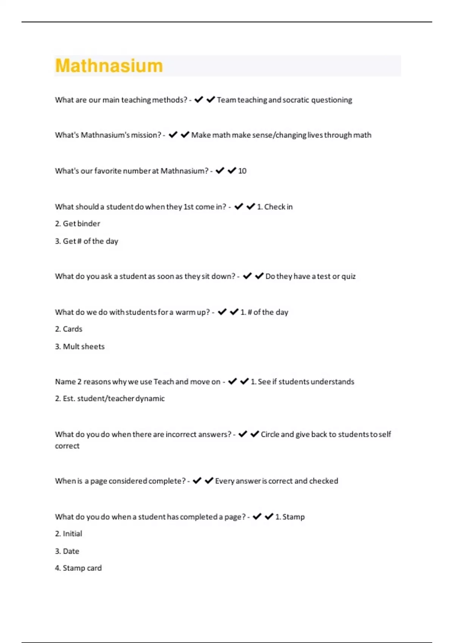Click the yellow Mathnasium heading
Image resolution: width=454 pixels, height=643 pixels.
(x=109, y=66)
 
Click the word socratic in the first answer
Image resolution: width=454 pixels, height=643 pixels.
(x=296, y=100)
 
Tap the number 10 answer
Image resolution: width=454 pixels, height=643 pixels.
(x=242, y=171)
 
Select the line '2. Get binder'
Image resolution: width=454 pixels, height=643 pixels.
(x=78, y=224)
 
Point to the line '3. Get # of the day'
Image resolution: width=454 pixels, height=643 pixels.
(x=87, y=241)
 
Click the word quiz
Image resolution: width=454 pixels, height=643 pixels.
(x=348, y=276)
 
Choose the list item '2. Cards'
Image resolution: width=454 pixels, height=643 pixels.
(x=68, y=329)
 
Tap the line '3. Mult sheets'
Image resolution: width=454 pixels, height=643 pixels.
(x=80, y=346)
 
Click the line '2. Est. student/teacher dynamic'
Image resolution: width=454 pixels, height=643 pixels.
(x=110, y=399)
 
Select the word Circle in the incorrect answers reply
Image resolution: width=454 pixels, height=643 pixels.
(x=270, y=434)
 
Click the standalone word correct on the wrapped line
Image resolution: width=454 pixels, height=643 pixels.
(x=67, y=446)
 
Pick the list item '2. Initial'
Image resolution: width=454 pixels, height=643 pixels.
(x=68, y=534)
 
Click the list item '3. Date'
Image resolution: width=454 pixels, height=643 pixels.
(x=67, y=551)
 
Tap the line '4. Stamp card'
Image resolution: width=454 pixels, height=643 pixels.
(x=78, y=568)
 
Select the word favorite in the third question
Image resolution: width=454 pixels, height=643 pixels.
(x=108, y=171)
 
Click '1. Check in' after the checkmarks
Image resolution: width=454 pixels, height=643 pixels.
(x=275, y=207)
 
